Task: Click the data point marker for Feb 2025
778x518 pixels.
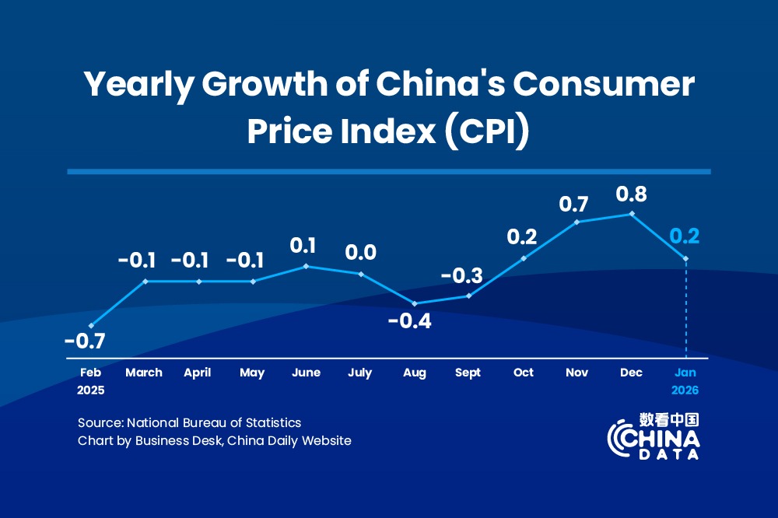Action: (91, 325)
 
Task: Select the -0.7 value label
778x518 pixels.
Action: (85, 341)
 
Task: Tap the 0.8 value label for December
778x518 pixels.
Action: (631, 194)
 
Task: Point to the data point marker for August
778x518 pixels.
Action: (415, 303)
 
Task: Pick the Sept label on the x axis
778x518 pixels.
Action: (468, 373)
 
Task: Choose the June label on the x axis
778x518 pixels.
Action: (307, 373)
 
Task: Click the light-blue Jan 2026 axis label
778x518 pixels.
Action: (685, 381)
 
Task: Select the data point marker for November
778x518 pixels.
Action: (577, 222)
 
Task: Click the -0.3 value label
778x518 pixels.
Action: (462, 275)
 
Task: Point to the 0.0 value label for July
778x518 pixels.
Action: (360, 253)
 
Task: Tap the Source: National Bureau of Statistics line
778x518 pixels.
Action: (189, 423)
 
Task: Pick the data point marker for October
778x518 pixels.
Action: (524, 257)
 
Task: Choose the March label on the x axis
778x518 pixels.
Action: (144, 373)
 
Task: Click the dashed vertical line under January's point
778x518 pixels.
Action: (685, 311)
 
